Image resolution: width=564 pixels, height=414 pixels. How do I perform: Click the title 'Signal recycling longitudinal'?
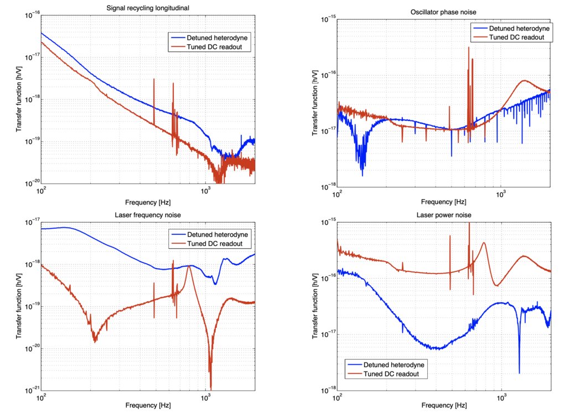[x=148, y=8]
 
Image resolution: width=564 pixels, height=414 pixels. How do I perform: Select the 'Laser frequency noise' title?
[x=148, y=214]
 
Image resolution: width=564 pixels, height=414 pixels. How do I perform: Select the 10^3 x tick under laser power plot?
[x=502, y=399]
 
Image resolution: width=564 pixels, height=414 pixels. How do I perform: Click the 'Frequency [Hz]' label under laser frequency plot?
[x=148, y=406]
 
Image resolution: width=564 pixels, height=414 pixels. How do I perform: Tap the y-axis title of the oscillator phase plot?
[x=314, y=102]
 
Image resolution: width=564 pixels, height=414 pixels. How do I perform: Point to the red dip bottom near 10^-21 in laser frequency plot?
[x=211, y=389]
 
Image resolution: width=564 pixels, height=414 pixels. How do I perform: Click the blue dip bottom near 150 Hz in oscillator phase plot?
[x=363, y=175]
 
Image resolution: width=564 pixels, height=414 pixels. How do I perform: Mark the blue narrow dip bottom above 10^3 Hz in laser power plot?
[x=519, y=373]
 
